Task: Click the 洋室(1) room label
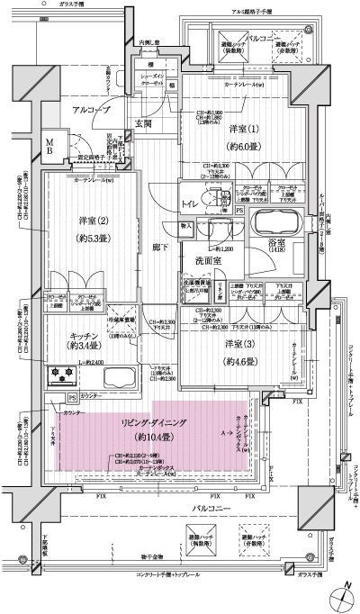coord(238,130)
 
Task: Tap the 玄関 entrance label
coord(145,125)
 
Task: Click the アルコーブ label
coord(91,109)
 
